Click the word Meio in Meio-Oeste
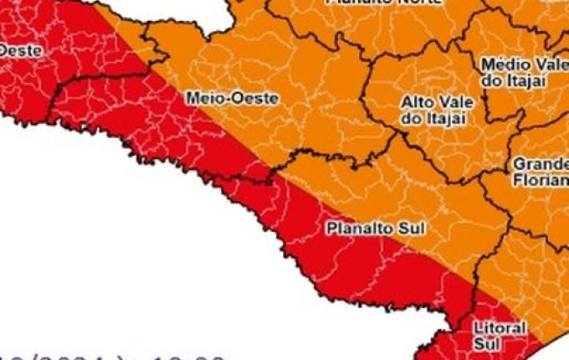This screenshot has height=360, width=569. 202,98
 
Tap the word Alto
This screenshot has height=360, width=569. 416,102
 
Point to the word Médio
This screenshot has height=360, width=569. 500,64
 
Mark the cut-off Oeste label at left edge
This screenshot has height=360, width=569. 19,50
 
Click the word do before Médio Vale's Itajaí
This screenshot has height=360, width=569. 490,80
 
